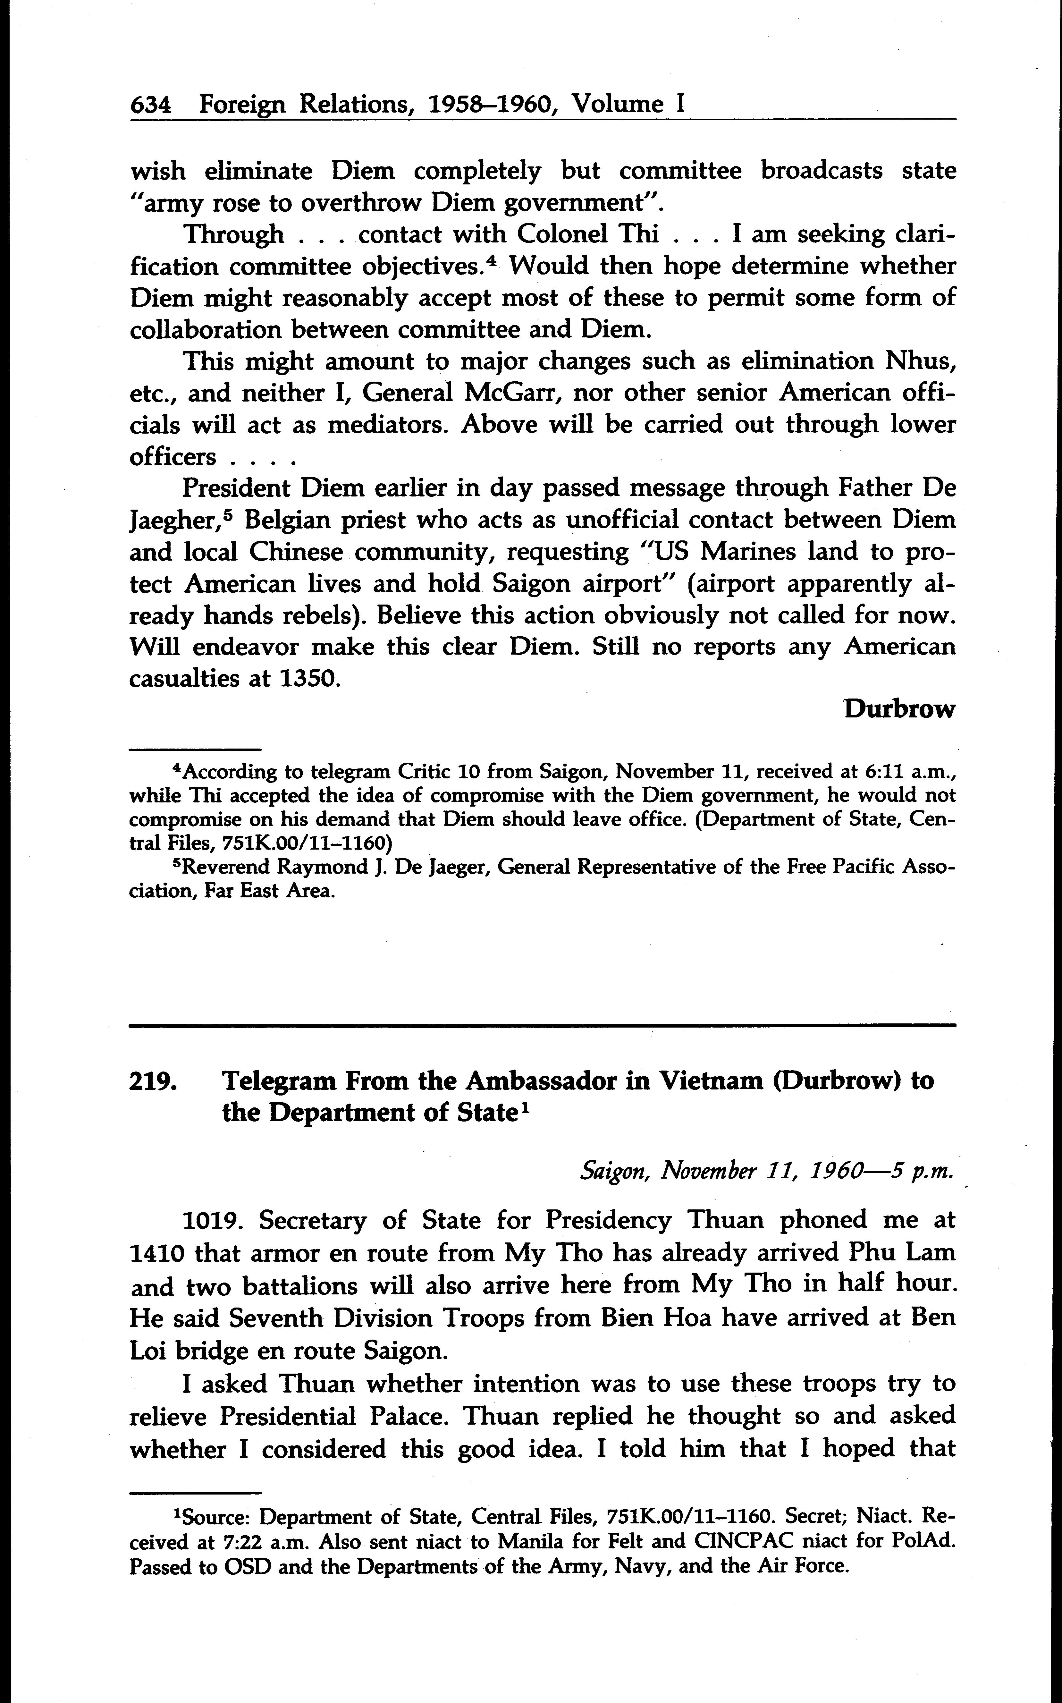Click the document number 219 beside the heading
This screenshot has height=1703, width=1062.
click(152, 1080)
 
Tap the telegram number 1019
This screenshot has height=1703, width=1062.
click(212, 1220)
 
